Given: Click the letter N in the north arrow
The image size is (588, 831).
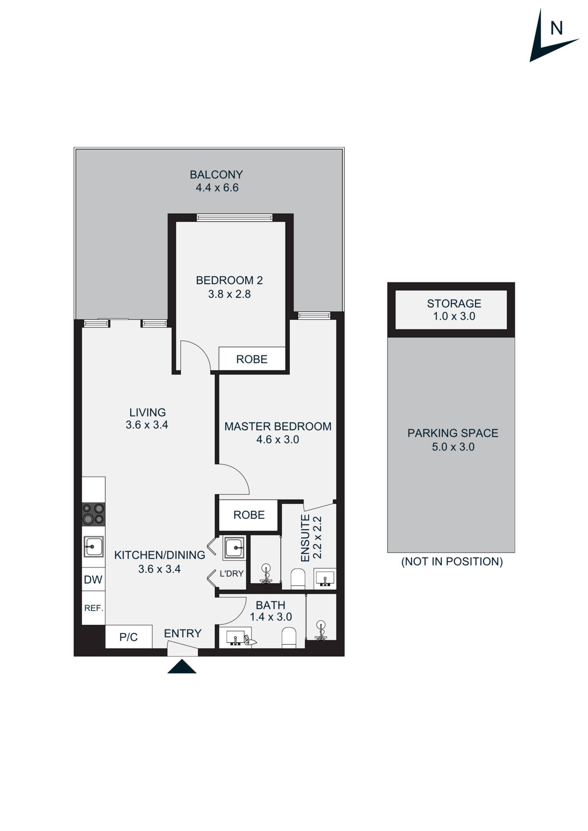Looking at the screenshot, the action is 556,28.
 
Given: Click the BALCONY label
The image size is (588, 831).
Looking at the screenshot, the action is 216,174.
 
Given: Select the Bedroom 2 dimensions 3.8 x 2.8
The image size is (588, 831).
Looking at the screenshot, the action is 230,294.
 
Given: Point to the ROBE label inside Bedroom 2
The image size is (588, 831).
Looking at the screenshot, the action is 252,359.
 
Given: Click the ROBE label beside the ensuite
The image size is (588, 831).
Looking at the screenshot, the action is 249,515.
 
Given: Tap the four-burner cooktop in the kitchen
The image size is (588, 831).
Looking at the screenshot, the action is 93,514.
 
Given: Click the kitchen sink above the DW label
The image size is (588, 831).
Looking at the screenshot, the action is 93,547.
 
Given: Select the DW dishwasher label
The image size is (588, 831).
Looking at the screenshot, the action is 93,579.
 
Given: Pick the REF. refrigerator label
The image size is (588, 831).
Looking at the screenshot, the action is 93,608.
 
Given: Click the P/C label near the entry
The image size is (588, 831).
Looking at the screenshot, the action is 128,637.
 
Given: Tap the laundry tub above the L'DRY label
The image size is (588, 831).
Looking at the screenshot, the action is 234,548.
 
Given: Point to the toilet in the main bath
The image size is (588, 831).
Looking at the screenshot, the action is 289,638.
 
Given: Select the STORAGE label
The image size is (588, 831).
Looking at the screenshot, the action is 454,303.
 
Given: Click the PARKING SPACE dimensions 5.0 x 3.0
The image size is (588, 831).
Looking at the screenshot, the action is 453,447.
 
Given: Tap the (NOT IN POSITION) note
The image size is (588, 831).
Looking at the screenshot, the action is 452,561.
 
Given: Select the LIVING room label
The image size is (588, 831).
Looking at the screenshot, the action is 147,412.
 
